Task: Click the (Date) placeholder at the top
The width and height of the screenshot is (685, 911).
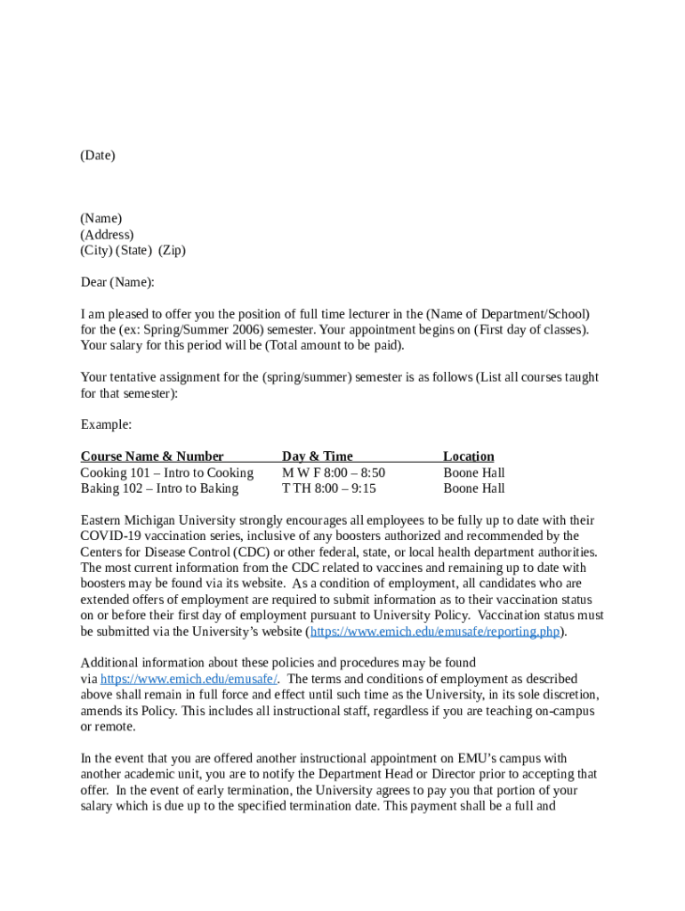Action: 98,156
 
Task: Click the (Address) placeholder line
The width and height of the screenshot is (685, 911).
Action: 107,235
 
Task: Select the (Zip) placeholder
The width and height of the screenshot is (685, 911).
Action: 172,251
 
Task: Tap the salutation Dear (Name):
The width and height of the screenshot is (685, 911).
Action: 117,283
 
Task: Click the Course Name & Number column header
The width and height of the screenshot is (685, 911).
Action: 152,456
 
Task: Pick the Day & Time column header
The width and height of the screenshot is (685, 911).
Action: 318,456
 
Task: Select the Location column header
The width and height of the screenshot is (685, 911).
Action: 469,456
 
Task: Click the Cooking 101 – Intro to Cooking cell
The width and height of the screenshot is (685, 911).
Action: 167,472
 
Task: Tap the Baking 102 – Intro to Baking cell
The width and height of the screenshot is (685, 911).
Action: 160,488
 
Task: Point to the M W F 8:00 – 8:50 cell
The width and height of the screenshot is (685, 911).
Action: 334,472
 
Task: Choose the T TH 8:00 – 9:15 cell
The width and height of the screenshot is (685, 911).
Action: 329,488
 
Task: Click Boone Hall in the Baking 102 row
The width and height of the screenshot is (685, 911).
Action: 474,488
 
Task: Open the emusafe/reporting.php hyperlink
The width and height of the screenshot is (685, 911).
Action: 435,632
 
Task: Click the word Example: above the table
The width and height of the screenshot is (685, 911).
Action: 106,424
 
